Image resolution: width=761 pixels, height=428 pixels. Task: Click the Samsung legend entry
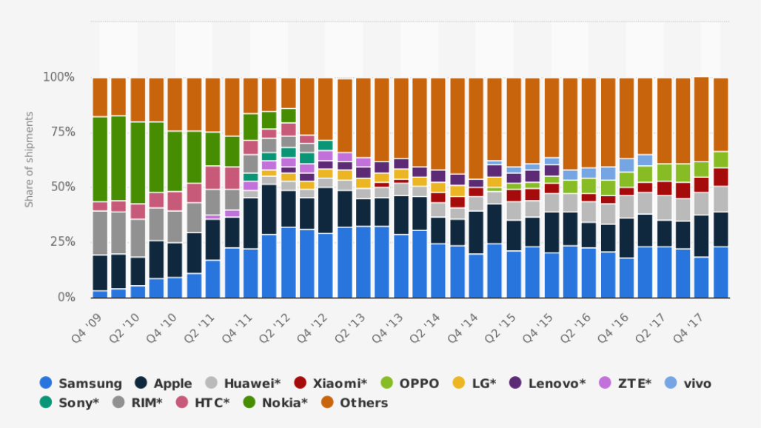click(x=81, y=383)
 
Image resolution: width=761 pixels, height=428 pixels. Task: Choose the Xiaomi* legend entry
click(x=331, y=383)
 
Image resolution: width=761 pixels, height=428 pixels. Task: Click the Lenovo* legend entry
click(x=548, y=383)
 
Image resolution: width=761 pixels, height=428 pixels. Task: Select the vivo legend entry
click(x=688, y=383)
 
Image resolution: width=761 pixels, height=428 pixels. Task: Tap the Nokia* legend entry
click(x=277, y=403)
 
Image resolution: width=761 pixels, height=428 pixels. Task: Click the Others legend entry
click(x=355, y=403)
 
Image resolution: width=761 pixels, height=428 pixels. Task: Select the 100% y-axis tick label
click(x=58, y=77)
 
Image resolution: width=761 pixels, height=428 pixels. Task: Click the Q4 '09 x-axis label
click(x=87, y=323)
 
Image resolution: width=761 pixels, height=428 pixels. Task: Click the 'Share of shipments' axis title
click(x=30, y=159)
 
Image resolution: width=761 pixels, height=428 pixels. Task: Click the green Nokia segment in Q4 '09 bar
click(x=100, y=159)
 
